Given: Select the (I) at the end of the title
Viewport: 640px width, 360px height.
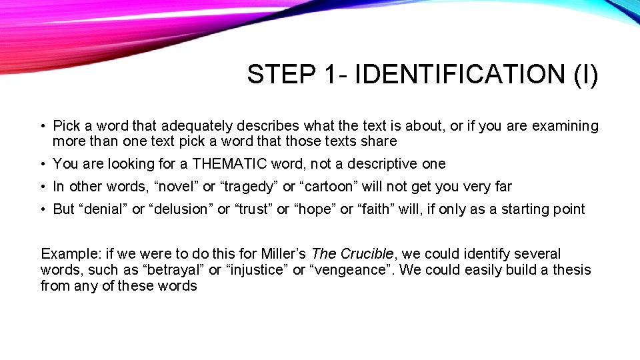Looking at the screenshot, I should click(585, 75).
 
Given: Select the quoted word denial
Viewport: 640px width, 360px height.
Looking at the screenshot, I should click(103, 209).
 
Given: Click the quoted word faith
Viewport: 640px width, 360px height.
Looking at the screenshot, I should click(377, 209).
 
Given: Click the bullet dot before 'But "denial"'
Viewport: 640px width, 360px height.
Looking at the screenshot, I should click(42, 209).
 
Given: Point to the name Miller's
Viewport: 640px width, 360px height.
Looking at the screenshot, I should click(282, 254).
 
